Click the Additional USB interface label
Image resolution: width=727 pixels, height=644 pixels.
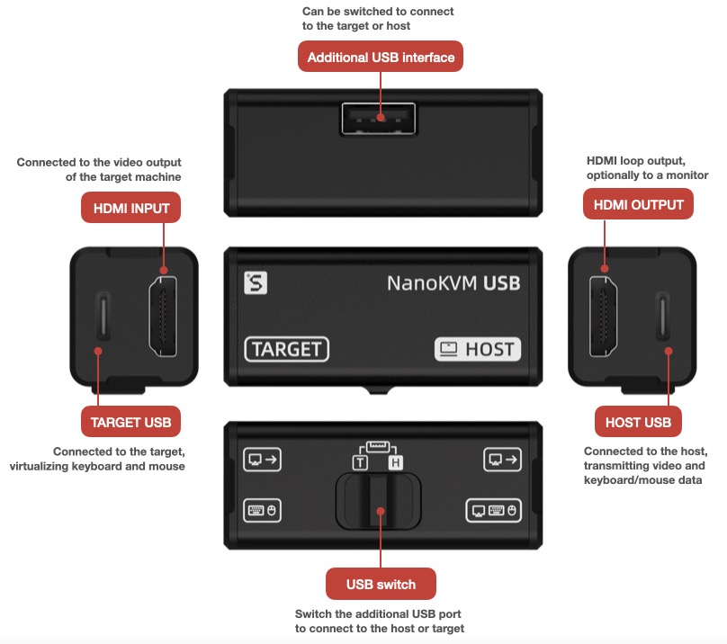point(381,57)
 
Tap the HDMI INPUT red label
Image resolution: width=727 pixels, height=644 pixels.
point(130,208)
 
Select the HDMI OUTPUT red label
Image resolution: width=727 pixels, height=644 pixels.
point(638,204)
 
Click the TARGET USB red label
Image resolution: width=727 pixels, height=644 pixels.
point(130,422)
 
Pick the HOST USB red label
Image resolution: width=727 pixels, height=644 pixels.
point(638,422)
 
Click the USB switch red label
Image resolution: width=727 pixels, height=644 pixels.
point(381,584)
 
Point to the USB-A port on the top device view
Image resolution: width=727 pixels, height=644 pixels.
point(378,119)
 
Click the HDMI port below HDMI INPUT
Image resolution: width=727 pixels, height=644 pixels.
point(163,317)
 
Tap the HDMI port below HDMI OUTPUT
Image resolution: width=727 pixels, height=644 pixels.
point(603,317)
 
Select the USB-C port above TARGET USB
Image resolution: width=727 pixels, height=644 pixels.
point(103,316)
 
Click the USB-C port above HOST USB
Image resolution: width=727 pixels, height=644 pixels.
point(663,316)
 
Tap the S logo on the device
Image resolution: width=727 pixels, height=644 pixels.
point(256,282)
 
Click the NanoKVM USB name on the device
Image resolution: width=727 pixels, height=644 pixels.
point(453,283)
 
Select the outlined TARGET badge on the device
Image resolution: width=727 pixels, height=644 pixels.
point(286,349)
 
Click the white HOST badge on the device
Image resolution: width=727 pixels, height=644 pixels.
point(478,349)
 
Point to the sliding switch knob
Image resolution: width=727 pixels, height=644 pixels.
point(379,501)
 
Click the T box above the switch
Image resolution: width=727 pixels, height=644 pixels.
point(360,462)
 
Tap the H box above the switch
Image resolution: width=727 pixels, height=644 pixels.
point(396,462)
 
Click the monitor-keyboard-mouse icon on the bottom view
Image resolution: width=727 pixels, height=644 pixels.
point(493,511)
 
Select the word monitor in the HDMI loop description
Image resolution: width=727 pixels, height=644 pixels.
point(687,175)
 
